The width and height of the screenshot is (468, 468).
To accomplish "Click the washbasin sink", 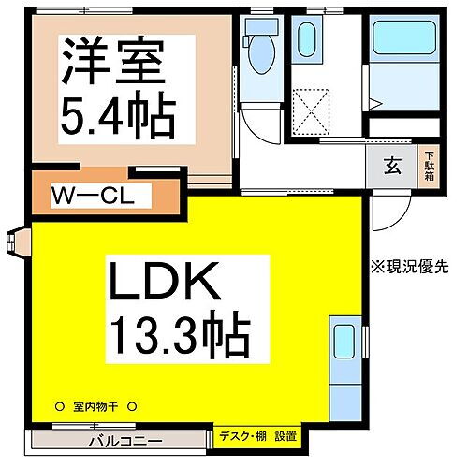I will coord(307,42).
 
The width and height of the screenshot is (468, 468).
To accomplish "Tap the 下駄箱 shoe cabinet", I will coord(430,168).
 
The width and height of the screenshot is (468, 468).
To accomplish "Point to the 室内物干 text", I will coord(94,407).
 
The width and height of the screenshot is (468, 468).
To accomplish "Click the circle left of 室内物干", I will coord(57,407).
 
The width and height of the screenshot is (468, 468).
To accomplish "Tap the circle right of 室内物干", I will coord(132,407).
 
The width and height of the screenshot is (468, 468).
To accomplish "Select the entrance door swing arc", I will coord(388,215).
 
